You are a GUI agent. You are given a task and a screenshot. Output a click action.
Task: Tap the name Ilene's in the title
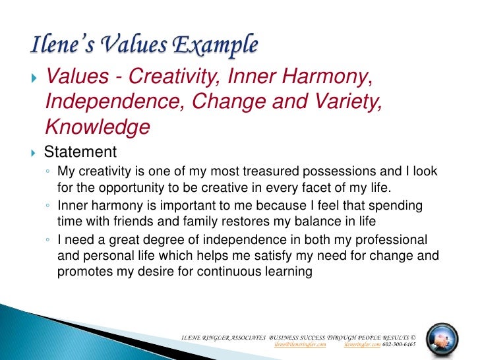click(60, 46)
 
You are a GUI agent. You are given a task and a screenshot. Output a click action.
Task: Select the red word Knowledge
click(97, 127)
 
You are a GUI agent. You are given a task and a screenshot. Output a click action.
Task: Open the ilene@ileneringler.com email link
click(299, 344)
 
